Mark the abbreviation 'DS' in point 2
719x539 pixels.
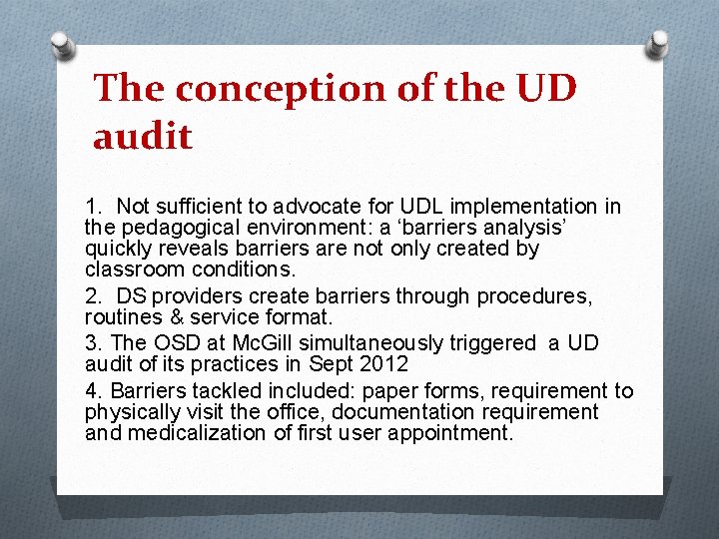point(131,296)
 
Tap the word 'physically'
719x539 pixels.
point(133,412)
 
